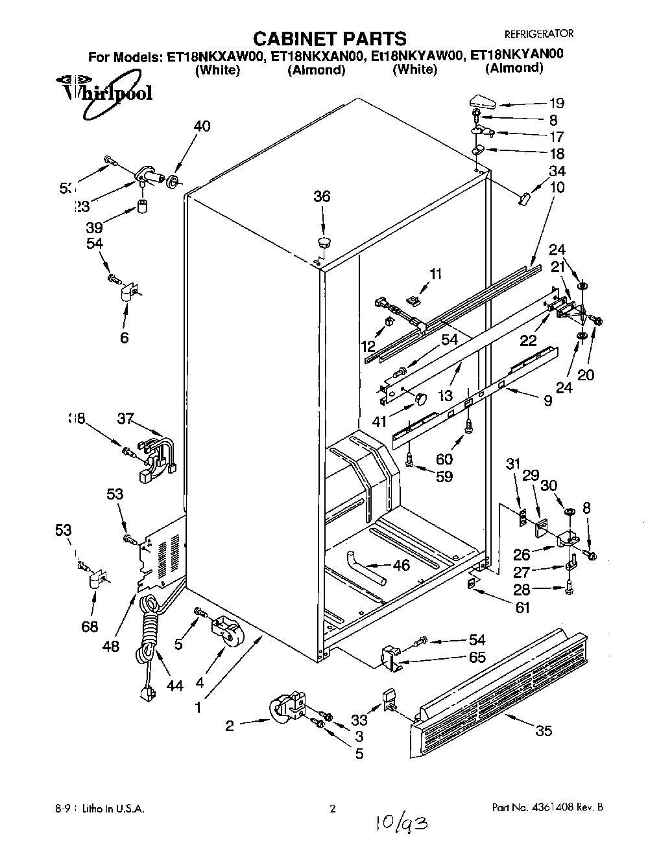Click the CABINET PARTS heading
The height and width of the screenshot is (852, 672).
(329, 38)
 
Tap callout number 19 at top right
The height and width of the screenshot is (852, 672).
(557, 103)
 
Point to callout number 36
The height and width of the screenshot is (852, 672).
(322, 196)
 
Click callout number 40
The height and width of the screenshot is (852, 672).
(202, 126)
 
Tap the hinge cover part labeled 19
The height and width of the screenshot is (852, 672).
(481, 101)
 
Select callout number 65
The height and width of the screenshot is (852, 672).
(477, 657)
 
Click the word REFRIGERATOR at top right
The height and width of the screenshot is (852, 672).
(539, 34)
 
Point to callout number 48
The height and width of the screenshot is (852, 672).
(111, 645)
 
